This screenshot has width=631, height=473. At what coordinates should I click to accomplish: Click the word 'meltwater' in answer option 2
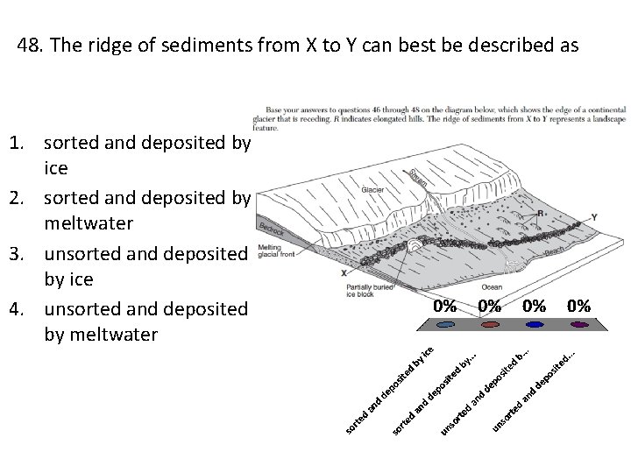(89, 223)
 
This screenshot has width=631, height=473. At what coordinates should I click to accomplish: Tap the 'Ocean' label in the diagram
(492, 288)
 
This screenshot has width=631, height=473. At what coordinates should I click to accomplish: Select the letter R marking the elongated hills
(542, 213)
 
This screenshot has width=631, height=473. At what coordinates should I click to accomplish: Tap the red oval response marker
(489, 325)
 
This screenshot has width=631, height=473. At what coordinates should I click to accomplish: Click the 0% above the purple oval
(578, 306)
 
